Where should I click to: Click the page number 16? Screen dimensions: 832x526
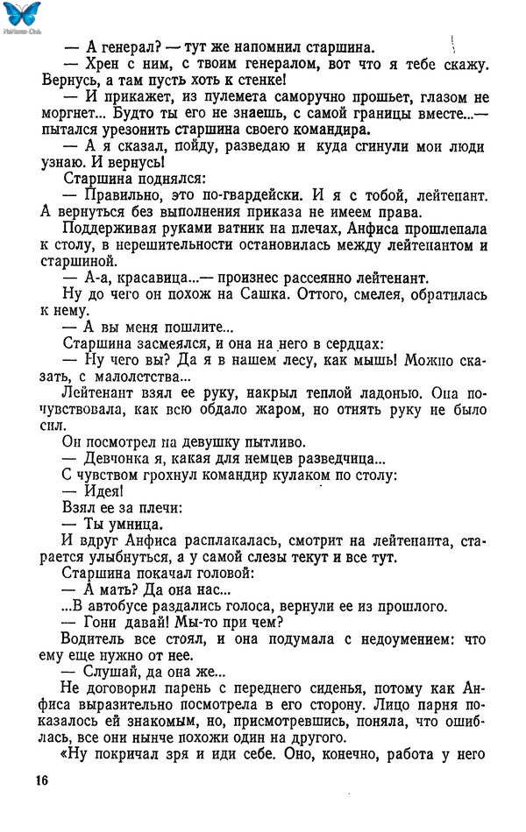pos(40,780)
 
